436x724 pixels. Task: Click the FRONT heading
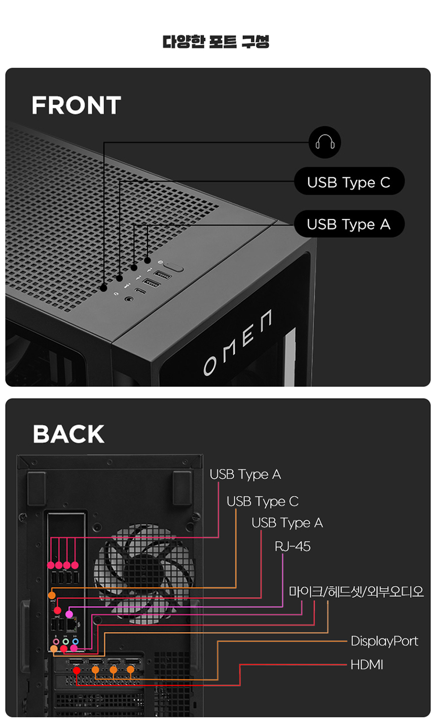point(76,105)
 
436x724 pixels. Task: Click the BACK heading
point(68,434)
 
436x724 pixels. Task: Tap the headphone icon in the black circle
point(325,142)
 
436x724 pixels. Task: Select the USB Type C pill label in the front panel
point(349,181)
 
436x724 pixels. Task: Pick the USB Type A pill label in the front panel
point(349,224)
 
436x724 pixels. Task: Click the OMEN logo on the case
point(238,343)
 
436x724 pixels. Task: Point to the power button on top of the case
point(173,267)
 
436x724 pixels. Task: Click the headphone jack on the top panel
point(129,299)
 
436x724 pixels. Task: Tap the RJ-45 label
point(293,546)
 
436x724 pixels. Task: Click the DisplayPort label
point(384,641)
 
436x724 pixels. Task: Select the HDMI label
point(367,665)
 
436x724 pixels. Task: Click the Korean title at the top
point(216,42)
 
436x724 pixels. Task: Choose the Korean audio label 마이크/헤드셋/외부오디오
point(356,591)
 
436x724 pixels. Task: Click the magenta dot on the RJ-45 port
point(69,614)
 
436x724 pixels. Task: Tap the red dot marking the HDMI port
point(77,671)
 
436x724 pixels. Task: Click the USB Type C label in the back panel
point(263,501)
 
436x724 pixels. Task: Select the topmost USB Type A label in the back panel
point(245,475)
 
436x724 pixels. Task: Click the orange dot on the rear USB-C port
point(52,595)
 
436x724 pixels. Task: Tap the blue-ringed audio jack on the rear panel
point(76,641)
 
